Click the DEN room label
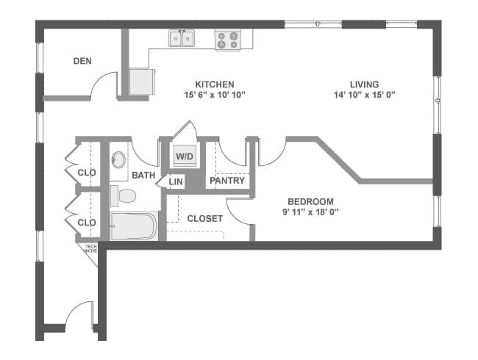[82, 61]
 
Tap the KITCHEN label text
[215, 84]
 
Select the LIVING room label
[365, 84]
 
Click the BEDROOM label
[310, 201]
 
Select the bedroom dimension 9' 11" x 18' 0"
[310, 212]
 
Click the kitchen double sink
[182, 38]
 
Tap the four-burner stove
[227, 40]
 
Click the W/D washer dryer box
[184, 156]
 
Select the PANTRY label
[227, 181]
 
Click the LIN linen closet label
[176, 181]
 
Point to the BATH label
[143, 176]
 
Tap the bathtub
[133, 226]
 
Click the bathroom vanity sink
[118, 159]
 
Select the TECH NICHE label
[90, 249]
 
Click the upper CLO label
[87, 173]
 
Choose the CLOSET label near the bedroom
[204, 218]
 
